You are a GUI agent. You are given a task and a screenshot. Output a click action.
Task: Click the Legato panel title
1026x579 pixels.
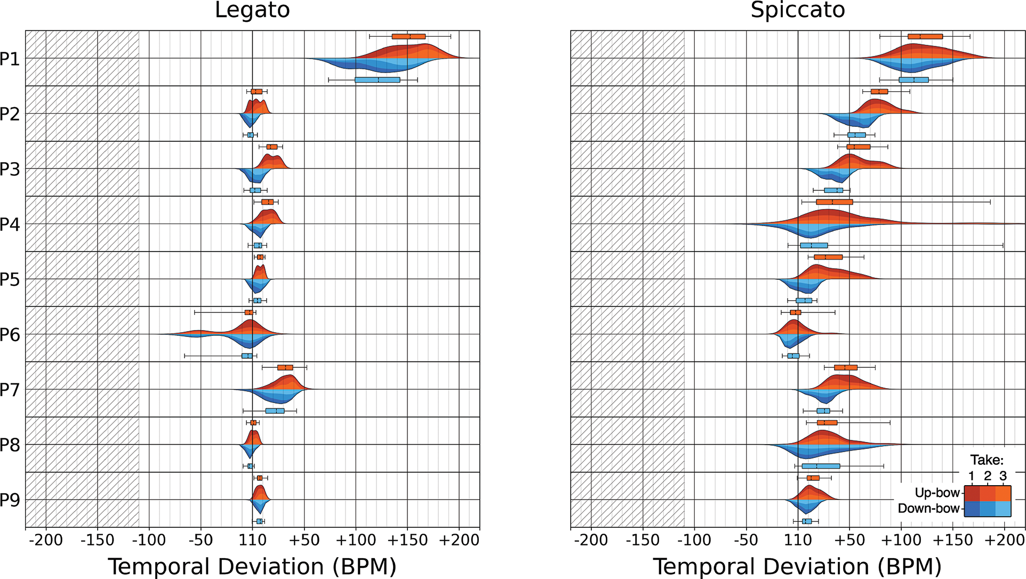click(252, 11)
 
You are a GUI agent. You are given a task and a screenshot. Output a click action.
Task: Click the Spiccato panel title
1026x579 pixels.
click(798, 11)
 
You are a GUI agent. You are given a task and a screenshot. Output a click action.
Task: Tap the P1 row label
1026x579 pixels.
click(10, 59)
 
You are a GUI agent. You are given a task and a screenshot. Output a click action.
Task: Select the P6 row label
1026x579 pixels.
click(10, 335)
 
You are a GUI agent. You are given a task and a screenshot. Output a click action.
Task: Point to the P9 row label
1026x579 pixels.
click(10, 500)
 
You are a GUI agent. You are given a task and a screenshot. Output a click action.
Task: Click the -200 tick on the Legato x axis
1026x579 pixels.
click(46, 541)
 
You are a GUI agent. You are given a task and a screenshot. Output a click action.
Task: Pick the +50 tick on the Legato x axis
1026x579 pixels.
click(304, 541)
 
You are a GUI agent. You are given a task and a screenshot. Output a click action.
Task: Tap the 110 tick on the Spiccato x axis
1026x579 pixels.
click(798, 541)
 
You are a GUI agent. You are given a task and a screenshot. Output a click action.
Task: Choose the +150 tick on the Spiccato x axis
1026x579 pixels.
click(952, 541)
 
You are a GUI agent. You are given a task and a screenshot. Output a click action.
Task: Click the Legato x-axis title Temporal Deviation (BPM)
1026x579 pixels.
click(252, 567)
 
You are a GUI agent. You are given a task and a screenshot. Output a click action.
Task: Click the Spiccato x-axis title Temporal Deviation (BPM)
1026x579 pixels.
click(798, 567)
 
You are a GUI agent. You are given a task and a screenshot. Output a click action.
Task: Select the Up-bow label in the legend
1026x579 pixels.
click(937, 493)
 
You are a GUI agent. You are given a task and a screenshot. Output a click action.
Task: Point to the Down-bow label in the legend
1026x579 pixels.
click(928, 509)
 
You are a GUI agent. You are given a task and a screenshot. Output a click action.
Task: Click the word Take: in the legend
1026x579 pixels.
click(987, 460)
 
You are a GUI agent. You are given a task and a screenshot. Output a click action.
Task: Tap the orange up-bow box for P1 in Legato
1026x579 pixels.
click(408, 36)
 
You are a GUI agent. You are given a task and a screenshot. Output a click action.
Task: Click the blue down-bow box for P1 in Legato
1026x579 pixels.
click(378, 80)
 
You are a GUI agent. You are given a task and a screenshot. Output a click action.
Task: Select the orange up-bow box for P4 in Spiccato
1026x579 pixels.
click(835, 202)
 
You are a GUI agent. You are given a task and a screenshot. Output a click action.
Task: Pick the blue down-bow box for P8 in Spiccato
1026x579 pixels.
click(821, 466)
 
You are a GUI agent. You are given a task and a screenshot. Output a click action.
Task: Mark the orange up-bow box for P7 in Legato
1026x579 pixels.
click(285, 367)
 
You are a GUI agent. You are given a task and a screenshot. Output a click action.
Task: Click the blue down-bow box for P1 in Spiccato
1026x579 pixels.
click(913, 80)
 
